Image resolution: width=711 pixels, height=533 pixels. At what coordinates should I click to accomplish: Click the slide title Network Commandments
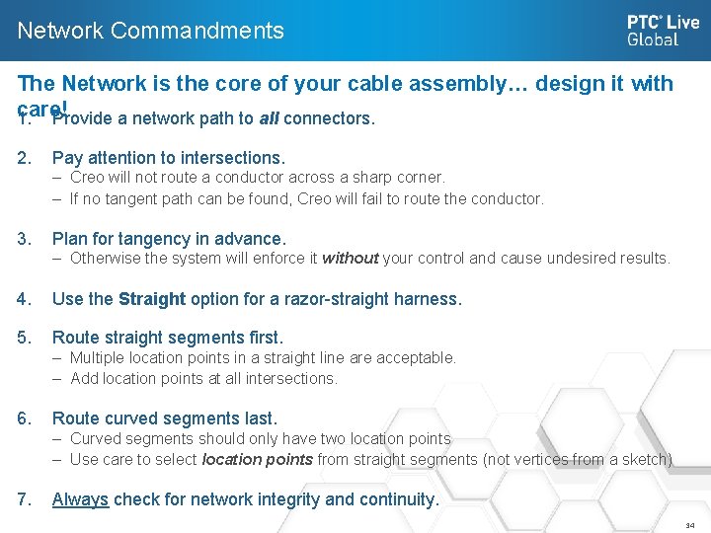coord(150,31)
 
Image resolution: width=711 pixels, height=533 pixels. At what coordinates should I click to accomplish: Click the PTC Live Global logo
coord(663,31)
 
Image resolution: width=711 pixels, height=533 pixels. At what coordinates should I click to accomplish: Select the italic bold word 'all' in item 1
coord(269,119)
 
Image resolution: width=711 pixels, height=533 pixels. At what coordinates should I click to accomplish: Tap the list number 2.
coord(24,158)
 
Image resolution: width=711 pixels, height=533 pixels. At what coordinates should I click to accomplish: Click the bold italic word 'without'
coord(350,259)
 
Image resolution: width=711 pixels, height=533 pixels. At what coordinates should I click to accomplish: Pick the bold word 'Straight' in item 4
coord(152,298)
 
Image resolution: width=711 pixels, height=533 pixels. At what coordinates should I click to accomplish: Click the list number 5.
coord(24,338)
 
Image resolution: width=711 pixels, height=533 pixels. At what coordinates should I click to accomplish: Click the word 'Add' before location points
coord(84,378)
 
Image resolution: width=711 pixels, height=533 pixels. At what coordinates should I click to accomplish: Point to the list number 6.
coord(24,419)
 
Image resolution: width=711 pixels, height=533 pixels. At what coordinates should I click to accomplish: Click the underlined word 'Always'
coord(80,499)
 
